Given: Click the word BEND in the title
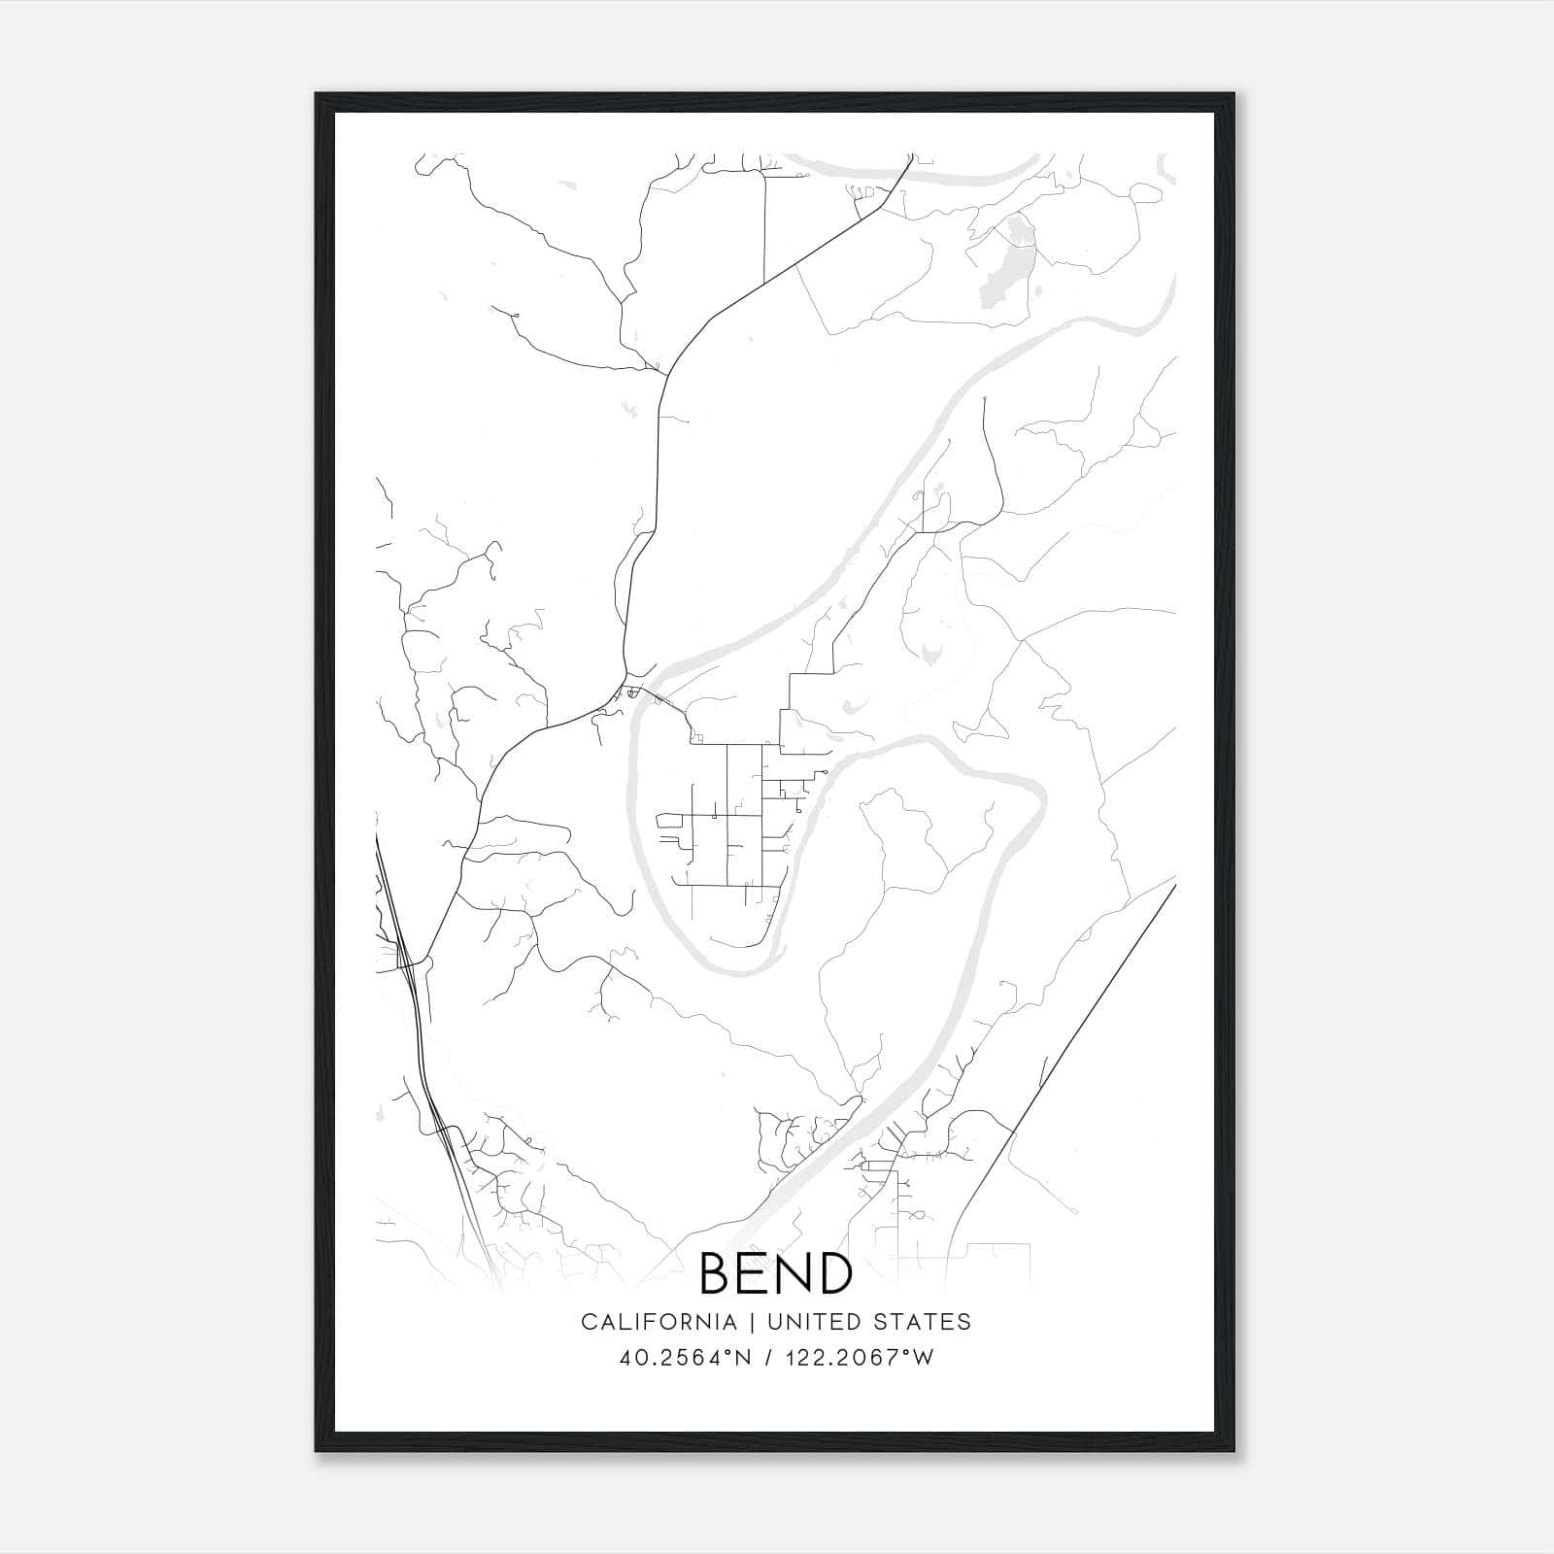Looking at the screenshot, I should (x=775, y=1273).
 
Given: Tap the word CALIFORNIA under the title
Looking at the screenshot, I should (x=659, y=1322).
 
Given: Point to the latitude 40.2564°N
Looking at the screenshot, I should (x=686, y=1358).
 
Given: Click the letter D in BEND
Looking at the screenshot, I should (x=834, y=1273).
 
